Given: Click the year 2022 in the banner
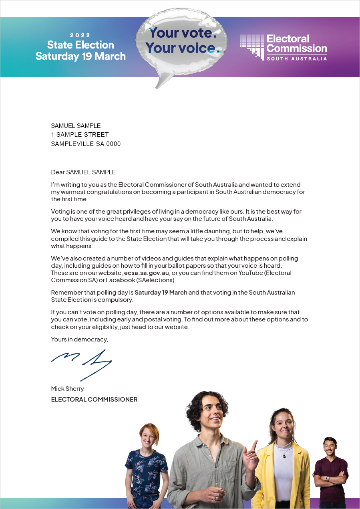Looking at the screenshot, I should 80,35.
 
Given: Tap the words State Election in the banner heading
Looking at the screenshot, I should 80,45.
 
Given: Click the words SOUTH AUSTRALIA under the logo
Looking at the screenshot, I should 297,59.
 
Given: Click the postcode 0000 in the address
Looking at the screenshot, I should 113,144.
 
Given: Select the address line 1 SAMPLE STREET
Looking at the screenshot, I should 80,135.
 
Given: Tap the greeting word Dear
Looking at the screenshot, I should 58,172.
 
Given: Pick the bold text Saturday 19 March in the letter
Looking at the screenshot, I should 161,292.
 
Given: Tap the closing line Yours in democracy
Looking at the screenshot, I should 79,339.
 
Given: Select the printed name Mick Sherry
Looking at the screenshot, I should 67,389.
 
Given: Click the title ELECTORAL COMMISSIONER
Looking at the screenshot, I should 94,399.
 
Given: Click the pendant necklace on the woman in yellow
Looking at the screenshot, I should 284,455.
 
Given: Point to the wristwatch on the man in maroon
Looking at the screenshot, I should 328,478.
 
